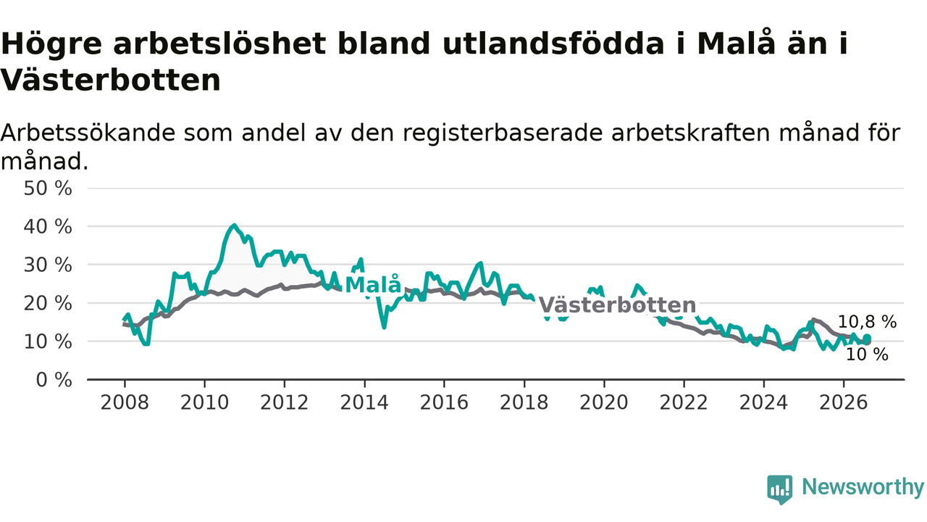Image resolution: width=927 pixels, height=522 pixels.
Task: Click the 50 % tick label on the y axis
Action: pos(48,188)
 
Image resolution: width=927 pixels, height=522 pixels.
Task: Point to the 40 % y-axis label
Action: pos(48,227)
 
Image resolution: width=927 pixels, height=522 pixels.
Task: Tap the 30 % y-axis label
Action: pos(48,265)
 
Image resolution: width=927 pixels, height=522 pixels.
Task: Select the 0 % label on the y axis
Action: pos(54,380)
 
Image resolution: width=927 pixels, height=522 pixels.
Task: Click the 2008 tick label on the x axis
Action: pos(125,402)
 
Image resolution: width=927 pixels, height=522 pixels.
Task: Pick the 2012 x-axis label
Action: pos(285,402)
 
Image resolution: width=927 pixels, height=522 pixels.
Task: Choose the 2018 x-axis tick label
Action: pos(524,402)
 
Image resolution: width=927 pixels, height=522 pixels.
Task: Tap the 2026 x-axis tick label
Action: pos(844,402)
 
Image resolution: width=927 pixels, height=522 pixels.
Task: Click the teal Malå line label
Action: pos(373,285)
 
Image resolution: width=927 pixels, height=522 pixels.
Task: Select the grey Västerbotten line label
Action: pos(617,305)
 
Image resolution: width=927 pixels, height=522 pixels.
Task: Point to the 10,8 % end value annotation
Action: pos(867,322)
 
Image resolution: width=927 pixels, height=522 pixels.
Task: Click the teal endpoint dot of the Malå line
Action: pos(867,338)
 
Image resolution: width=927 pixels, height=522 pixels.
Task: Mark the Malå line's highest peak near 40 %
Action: pos(234,225)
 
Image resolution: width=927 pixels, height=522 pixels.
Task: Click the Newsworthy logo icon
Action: pos(780,489)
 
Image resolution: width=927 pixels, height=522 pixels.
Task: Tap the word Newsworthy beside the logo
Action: pos(863,487)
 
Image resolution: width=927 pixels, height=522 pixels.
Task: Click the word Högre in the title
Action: pos(51,44)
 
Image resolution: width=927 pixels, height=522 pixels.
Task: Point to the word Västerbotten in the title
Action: pos(111,80)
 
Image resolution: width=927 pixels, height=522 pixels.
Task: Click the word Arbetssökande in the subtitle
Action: pos(88,133)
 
